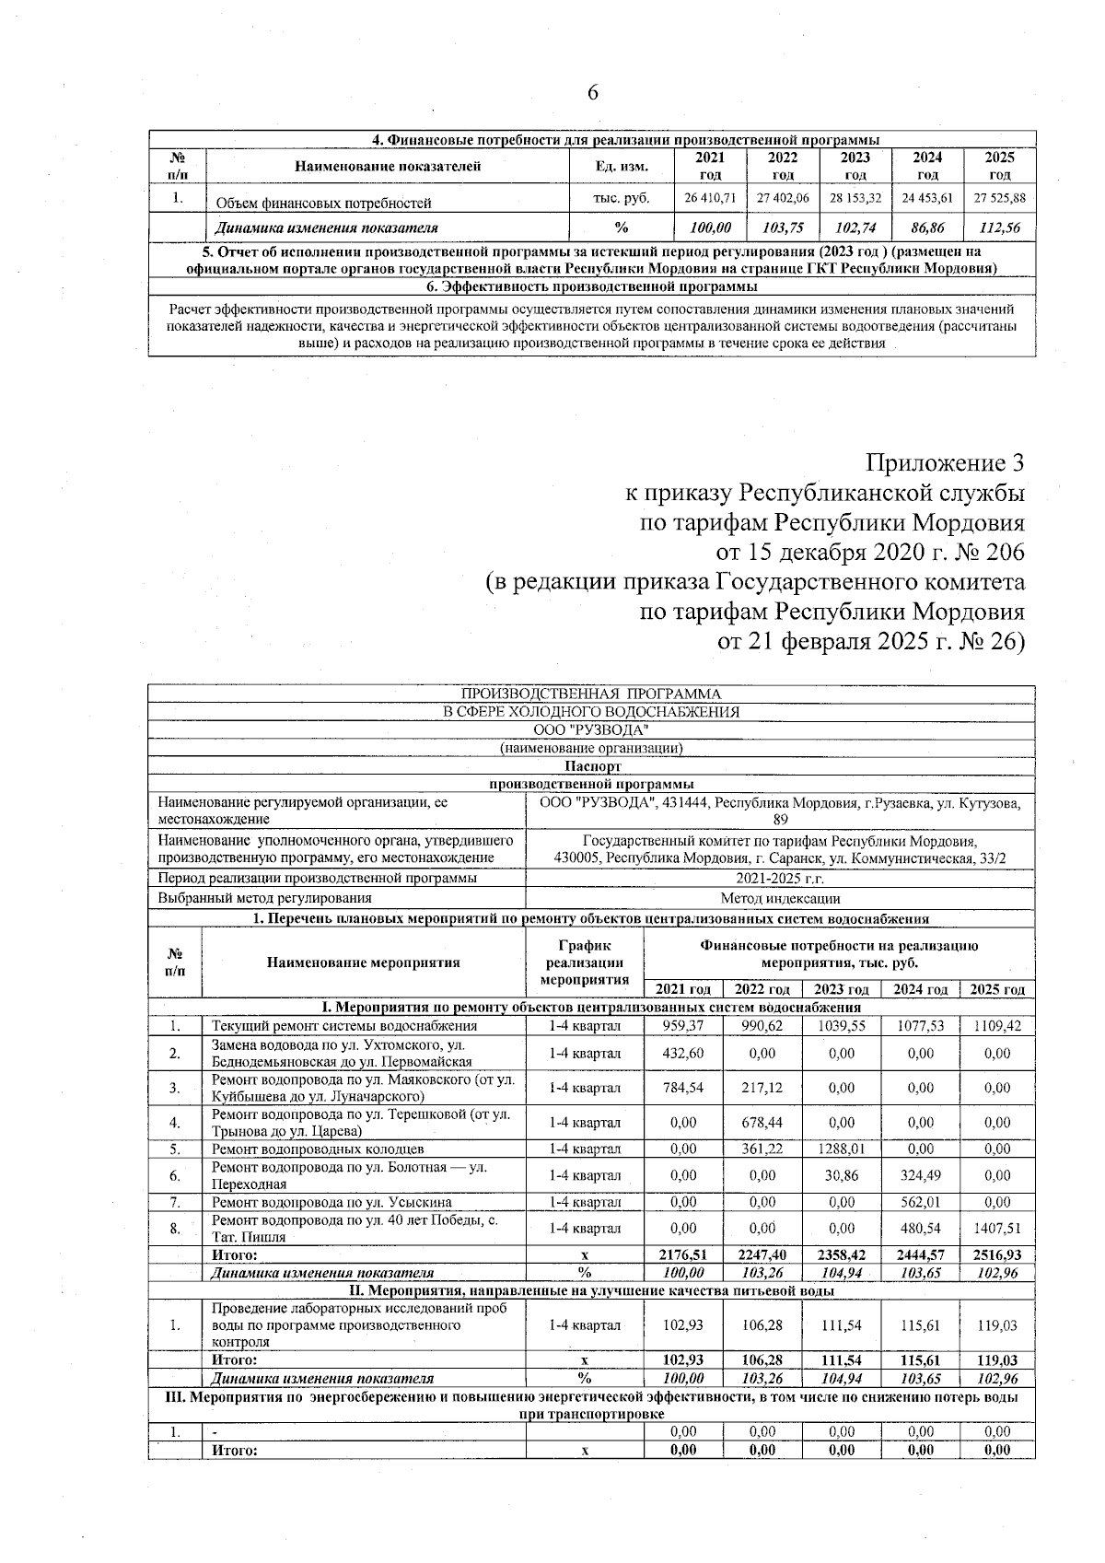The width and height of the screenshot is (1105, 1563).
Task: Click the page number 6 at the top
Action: tap(592, 93)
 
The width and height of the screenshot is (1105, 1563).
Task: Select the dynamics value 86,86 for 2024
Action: tap(928, 227)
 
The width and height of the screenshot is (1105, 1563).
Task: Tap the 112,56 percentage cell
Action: tap(1000, 227)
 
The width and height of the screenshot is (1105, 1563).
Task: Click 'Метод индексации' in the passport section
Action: tap(779, 898)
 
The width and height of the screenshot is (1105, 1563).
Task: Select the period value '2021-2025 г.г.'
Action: tap(779, 878)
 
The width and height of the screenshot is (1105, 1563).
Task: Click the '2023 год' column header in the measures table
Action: tap(842, 989)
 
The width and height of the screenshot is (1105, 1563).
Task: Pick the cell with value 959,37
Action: tap(682, 1025)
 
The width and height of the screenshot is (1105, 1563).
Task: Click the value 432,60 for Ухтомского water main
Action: tap(682, 1053)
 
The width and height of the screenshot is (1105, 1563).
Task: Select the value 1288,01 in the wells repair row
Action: tap(842, 1149)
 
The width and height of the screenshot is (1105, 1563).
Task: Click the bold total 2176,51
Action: tap(682, 1254)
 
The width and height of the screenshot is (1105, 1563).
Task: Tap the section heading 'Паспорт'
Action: tap(591, 765)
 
